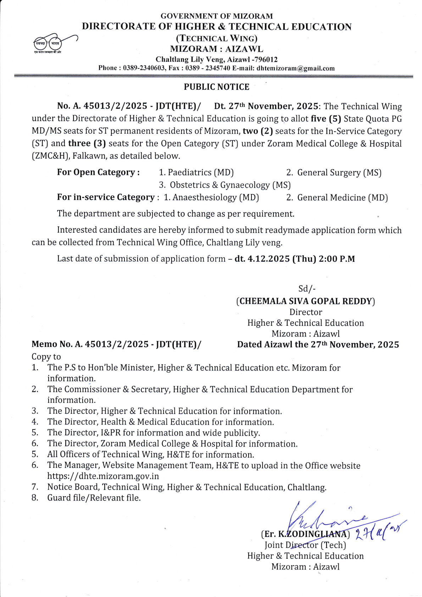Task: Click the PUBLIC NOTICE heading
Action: [216, 87]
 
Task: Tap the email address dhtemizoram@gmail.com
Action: [295, 68]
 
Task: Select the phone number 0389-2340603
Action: [144, 68]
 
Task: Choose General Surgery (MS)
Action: [339, 172]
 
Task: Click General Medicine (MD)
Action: [342, 197]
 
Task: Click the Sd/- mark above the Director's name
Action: [307, 289]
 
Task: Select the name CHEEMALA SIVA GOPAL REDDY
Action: [305, 301]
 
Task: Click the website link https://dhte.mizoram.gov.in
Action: [103, 476]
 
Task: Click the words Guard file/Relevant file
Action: [94, 498]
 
